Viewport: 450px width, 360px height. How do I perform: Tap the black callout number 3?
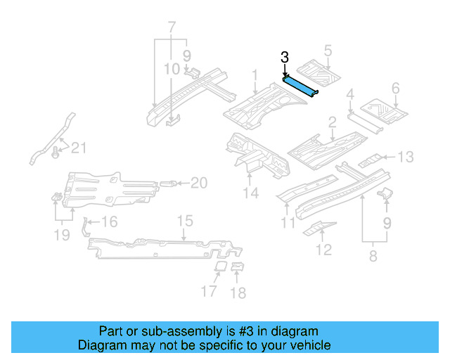click(284, 58)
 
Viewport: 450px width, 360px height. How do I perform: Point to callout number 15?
click(184, 221)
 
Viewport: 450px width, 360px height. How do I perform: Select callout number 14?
click(251, 193)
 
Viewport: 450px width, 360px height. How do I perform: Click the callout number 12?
click(323, 249)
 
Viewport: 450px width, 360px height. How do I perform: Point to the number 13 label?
click(407, 156)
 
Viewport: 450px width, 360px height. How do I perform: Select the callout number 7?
click(171, 29)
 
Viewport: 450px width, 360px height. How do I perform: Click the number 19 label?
click(62, 234)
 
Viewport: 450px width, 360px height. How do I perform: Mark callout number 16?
click(108, 223)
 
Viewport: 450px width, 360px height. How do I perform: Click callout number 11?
click(287, 224)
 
